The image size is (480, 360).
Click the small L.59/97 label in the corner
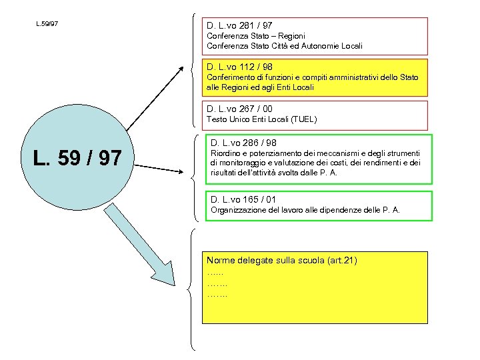click(x=47, y=24)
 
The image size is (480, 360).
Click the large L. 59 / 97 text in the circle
click(x=79, y=159)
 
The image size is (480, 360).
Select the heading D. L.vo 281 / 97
click(x=240, y=25)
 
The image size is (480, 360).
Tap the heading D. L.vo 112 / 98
click(x=240, y=67)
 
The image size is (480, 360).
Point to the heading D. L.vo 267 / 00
click(x=240, y=109)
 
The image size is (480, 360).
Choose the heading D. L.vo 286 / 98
click(x=244, y=143)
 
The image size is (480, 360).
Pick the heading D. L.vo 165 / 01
click(x=244, y=199)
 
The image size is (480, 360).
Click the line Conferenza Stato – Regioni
click(x=256, y=36)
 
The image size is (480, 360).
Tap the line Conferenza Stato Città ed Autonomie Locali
click(x=285, y=46)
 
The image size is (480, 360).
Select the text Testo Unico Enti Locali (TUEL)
click(x=262, y=119)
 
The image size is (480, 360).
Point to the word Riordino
click(x=226, y=154)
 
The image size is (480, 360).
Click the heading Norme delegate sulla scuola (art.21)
click(x=282, y=260)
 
